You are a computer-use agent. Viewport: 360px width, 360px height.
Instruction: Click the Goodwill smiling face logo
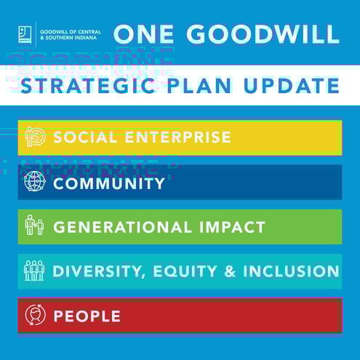(x=25, y=34)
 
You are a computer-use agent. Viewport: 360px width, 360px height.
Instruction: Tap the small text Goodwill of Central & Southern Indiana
(x=70, y=34)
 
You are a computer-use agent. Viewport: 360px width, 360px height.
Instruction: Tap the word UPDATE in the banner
(x=294, y=86)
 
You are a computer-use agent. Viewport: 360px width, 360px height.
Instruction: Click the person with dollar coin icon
(x=34, y=137)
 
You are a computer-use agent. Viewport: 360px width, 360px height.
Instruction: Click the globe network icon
(x=34, y=183)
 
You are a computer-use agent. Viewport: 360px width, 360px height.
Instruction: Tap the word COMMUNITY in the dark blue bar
(x=109, y=183)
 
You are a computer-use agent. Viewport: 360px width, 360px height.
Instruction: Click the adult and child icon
(x=34, y=226)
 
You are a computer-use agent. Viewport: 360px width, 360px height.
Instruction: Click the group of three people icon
(x=34, y=271)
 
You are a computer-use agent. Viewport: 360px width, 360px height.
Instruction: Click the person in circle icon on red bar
(x=34, y=316)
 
